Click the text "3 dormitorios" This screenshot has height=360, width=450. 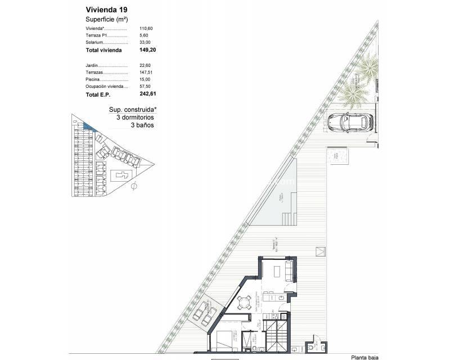pos(134,118)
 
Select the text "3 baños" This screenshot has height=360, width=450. pos(142,125)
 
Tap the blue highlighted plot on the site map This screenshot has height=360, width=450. pos(87,127)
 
